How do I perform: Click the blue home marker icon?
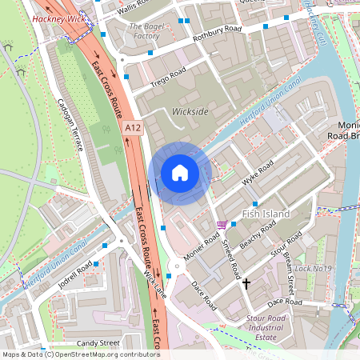(x=180, y=173)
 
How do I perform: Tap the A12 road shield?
(x=134, y=126)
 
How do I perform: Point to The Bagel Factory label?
(x=145, y=31)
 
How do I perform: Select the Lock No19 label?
(x=313, y=268)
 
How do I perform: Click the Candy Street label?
(x=98, y=342)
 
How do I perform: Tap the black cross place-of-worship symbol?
(x=246, y=283)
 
